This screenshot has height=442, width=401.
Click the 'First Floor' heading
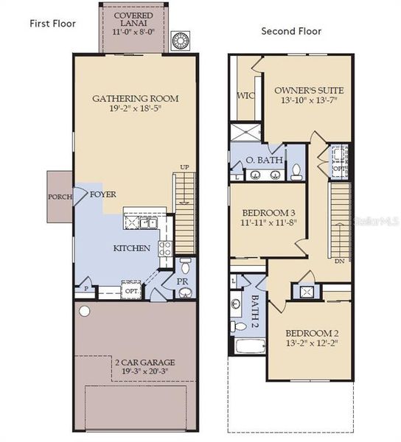coord(53,23)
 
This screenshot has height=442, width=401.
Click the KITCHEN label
coord(131,248)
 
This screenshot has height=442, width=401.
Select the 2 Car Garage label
coord(135,362)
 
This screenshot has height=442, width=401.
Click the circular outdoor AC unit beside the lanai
coord(181,41)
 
